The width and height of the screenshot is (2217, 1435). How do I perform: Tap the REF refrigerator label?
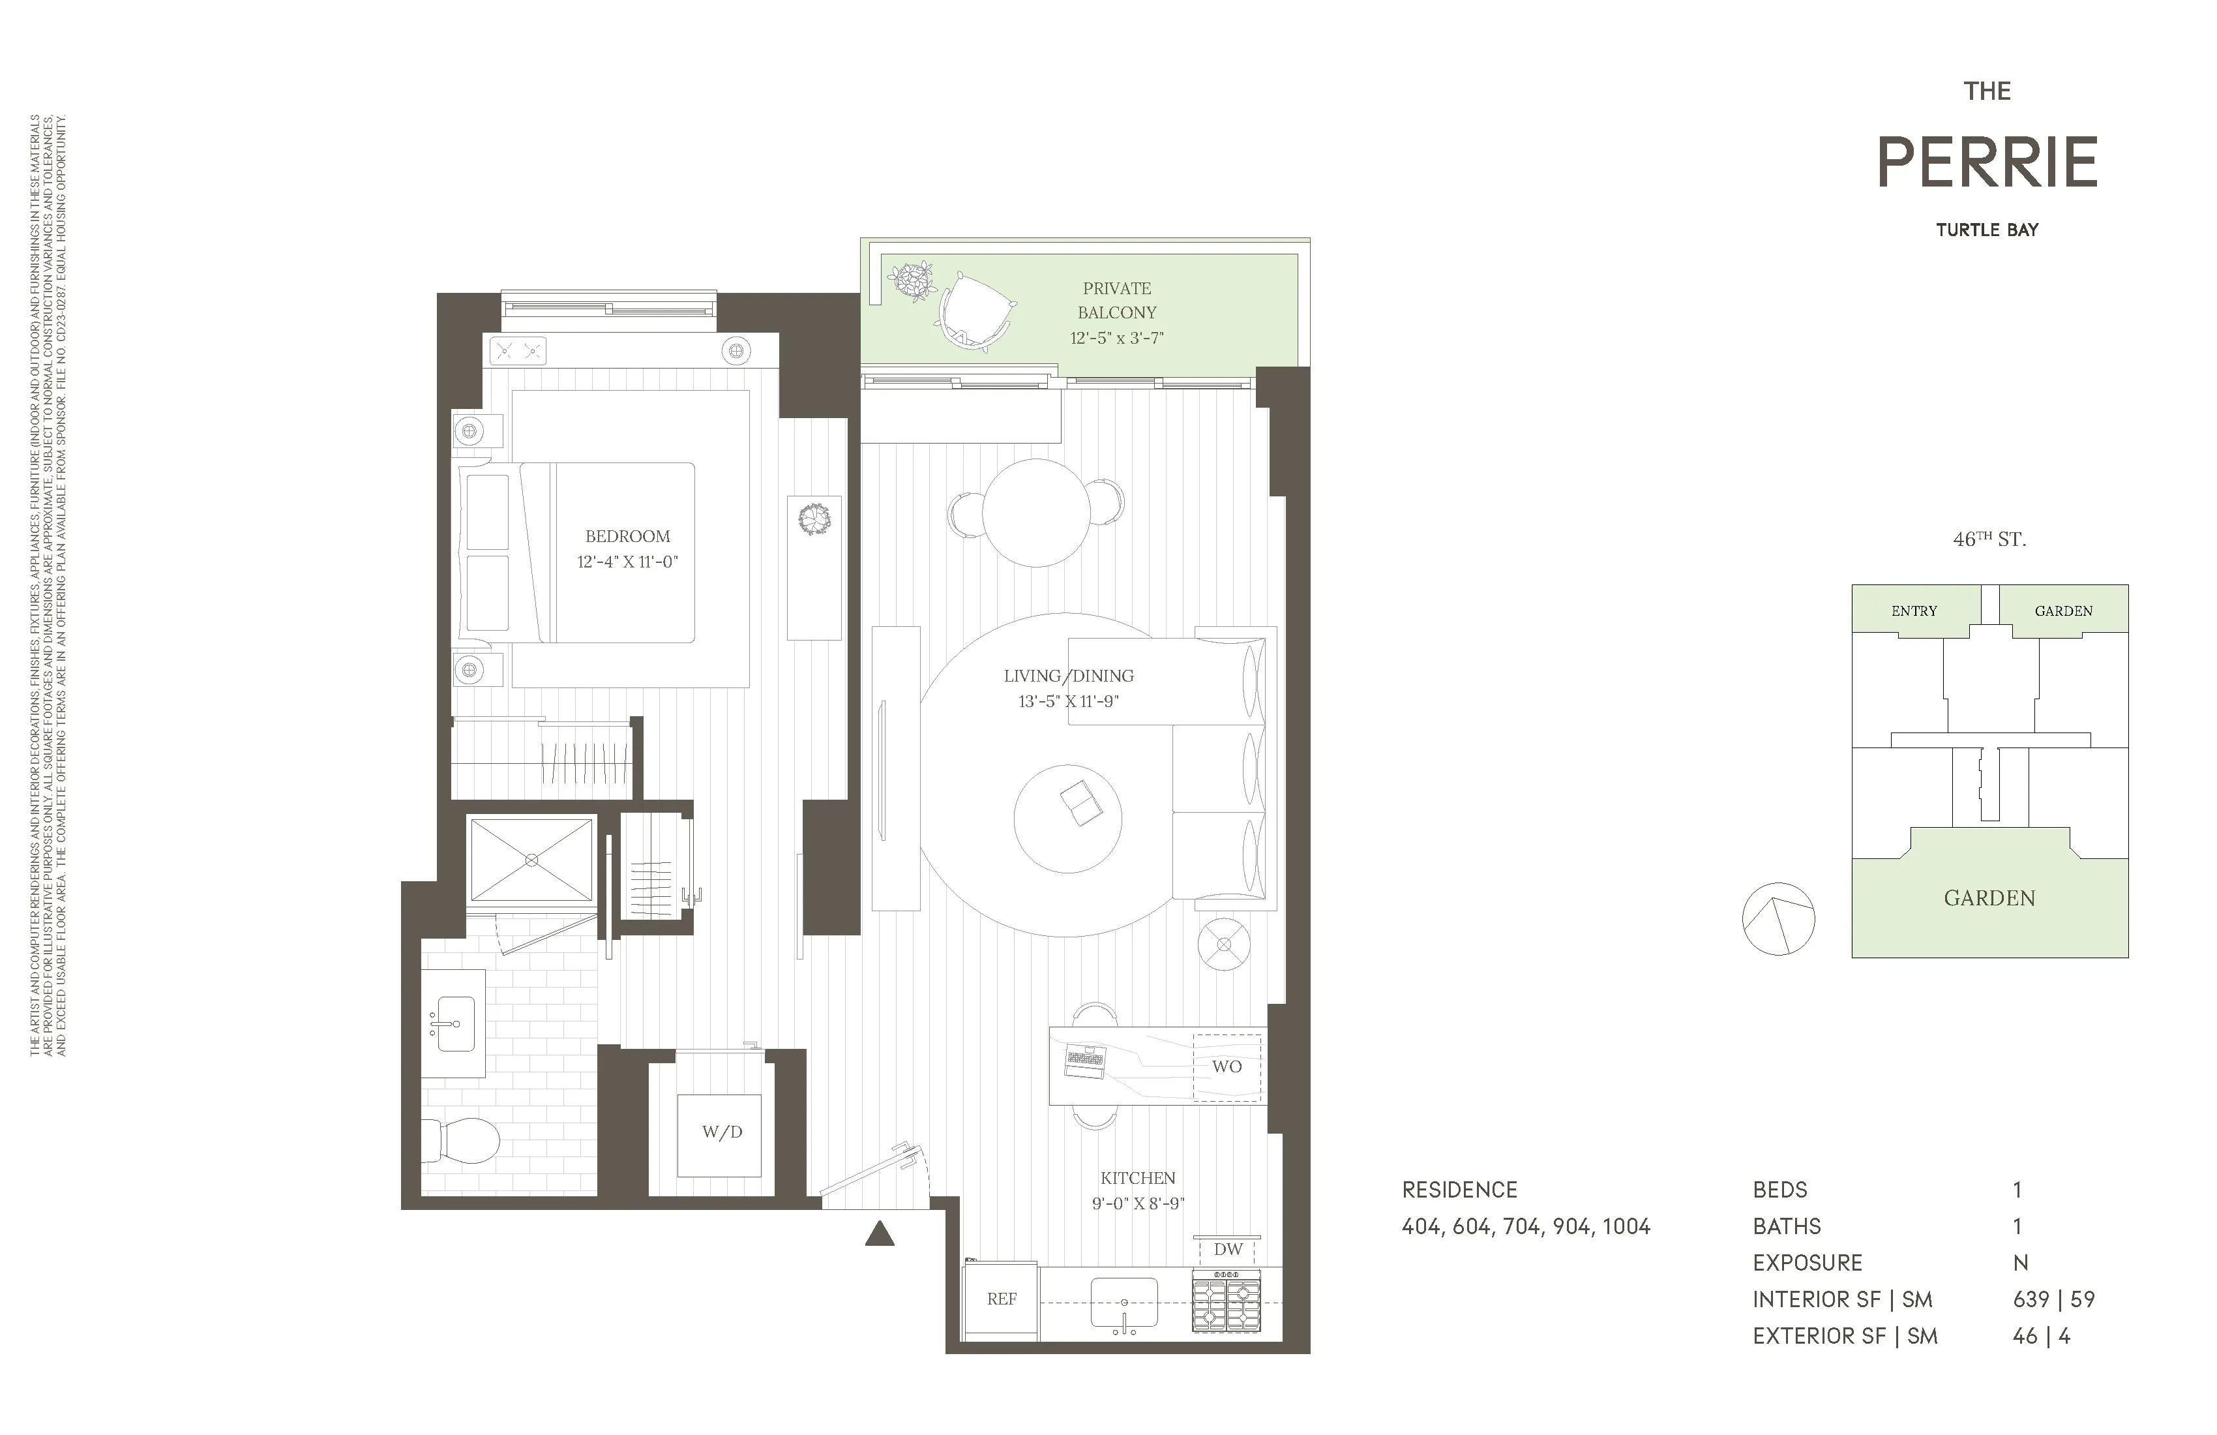(1002, 1299)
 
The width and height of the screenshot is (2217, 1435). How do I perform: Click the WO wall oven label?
(1226, 1067)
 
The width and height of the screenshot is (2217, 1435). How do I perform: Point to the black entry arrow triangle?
(880, 1235)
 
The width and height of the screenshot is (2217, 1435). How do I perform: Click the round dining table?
(1036, 513)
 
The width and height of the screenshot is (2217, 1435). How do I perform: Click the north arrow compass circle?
(1778, 919)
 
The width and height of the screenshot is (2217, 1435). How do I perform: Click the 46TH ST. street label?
(1989, 539)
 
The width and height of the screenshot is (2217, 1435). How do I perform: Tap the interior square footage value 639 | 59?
(2053, 1300)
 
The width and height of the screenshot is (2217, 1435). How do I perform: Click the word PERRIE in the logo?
(1987, 163)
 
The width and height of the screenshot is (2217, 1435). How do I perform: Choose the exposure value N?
(2019, 1263)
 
